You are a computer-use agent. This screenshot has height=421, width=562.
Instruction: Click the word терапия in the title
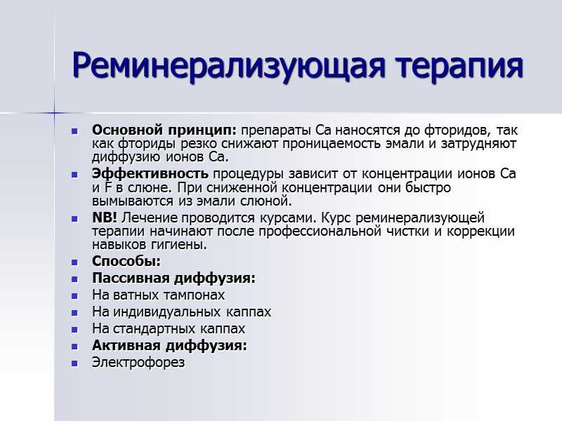453,67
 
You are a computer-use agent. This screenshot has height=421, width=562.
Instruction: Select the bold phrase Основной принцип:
165,131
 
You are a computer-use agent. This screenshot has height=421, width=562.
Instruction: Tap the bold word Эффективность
150,174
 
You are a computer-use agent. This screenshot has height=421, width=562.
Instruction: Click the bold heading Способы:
126,262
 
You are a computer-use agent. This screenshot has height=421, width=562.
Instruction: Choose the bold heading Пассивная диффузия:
174,279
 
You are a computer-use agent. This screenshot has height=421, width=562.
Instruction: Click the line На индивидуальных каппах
181,312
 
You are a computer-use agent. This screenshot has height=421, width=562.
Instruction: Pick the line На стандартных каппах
169,328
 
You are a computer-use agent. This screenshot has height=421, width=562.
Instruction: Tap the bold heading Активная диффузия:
169,345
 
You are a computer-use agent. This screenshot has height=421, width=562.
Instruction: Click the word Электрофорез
138,362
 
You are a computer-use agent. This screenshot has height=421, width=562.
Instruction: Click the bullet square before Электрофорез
76,363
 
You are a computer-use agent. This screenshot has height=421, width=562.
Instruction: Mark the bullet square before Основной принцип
76,131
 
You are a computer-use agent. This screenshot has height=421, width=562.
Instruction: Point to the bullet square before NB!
76,218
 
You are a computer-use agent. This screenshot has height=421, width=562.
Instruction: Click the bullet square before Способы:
76,262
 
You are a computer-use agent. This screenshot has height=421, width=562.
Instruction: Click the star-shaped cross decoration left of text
54,112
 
